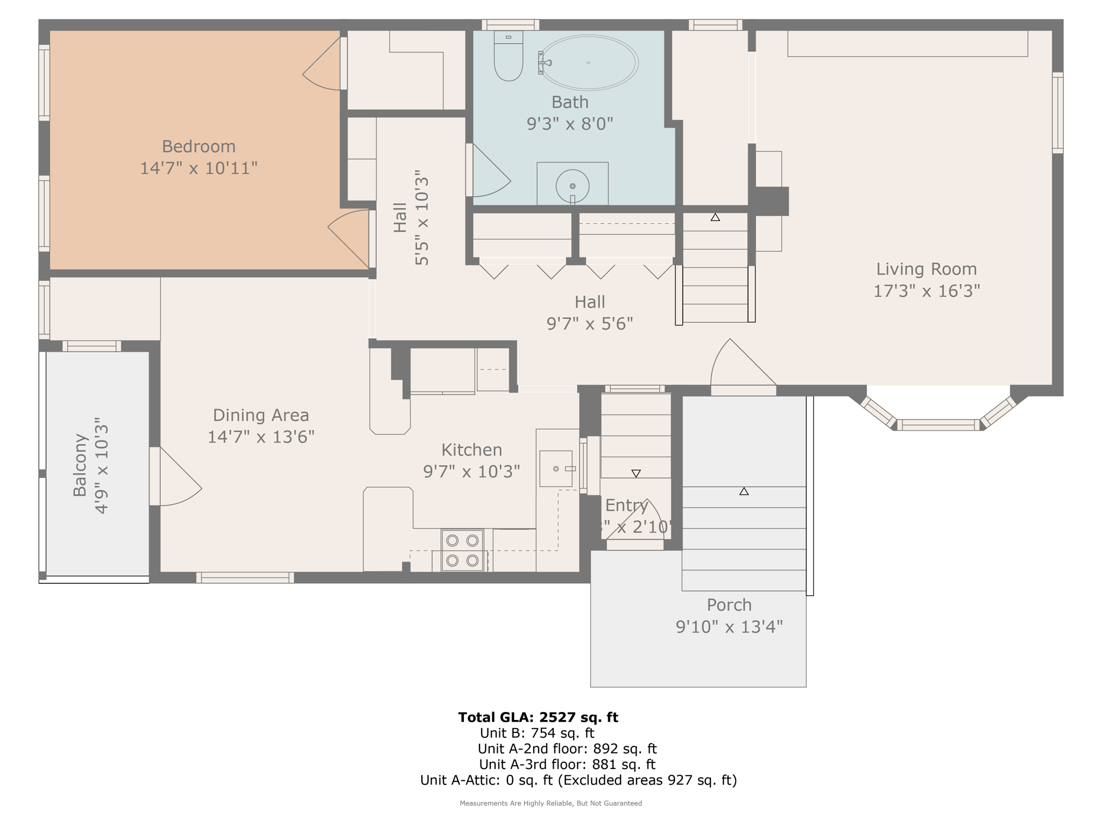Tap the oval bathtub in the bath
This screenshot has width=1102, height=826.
point(589,63)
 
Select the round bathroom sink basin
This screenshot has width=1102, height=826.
point(572,186)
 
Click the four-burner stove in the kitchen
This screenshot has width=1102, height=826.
point(462,550)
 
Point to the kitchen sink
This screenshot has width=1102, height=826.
point(556,469)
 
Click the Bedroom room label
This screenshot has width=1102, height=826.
point(199,146)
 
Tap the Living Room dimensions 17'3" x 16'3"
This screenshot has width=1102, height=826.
point(926,291)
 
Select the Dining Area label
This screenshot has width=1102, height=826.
point(261,415)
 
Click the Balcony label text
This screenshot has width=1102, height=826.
point(80,465)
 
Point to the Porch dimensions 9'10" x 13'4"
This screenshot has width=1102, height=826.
point(729,626)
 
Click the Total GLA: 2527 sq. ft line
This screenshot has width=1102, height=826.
point(538,717)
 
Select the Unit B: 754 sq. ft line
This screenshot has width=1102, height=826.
point(536,733)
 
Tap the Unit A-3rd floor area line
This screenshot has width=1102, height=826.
point(567,764)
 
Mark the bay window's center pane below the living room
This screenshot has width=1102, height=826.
point(938,425)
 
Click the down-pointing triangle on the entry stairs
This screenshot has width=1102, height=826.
point(636,474)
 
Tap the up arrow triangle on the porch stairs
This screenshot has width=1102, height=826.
point(744,491)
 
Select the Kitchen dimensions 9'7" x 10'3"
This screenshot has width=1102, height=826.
point(471,472)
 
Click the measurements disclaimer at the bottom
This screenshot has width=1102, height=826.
point(550,803)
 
